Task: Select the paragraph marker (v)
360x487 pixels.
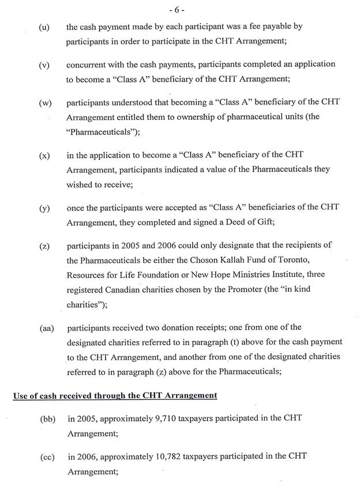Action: point(44,65)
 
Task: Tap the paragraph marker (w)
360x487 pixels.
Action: point(45,103)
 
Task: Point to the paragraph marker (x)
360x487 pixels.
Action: point(44,156)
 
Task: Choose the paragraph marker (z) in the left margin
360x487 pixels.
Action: point(44,246)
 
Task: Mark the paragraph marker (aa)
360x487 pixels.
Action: point(47,328)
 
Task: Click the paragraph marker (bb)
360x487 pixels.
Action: point(47,418)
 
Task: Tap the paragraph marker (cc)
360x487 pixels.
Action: point(47,457)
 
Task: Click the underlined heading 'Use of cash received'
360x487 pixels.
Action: point(115,395)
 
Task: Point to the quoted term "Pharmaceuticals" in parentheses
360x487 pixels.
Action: point(99,131)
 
